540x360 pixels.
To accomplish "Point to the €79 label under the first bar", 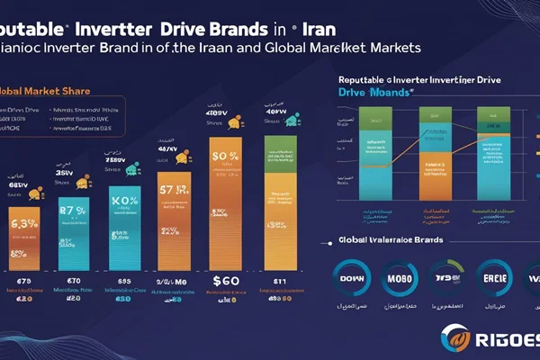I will coord(25,282).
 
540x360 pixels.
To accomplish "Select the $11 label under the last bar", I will coord(277,282).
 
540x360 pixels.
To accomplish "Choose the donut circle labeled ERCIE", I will coord(496,280).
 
